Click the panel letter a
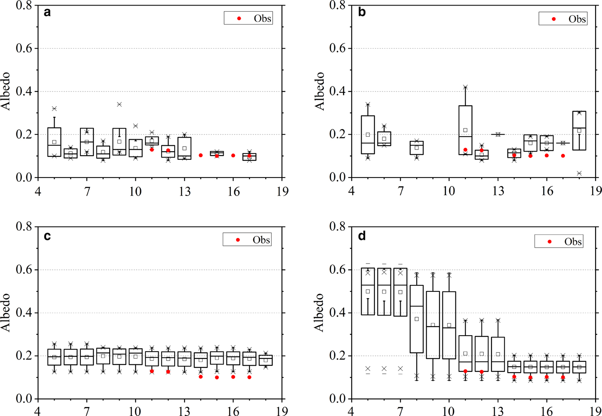tap(47, 12)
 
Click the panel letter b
tap(362, 12)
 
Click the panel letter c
tap(47, 236)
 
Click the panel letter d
tap(362, 236)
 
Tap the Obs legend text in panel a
tap(262, 18)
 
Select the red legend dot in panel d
tap(550, 242)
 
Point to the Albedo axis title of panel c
tap(6, 312)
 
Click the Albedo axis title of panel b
tap(320, 91)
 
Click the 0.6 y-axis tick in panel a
tap(25, 49)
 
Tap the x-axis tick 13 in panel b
tap(498, 190)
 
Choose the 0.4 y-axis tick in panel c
tap(25, 313)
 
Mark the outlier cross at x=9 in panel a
tap(120, 104)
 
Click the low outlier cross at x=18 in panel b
tap(579, 173)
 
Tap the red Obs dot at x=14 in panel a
tap(201, 155)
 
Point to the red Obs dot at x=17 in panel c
tap(249, 377)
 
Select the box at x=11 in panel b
tap(465, 130)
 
